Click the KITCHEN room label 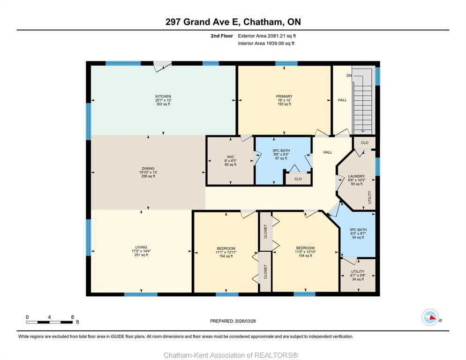[x=163, y=97]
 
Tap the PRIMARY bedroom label [x=284, y=97]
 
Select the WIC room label [x=230, y=157]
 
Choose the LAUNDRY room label [x=356, y=177]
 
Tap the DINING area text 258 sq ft [x=148, y=176]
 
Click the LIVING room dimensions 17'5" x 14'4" [x=141, y=251]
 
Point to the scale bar [x=49, y=322]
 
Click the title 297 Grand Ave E [x=233, y=22]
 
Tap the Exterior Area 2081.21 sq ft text [x=267, y=36]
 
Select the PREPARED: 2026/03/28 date [x=233, y=321]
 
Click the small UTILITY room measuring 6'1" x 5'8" [x=358, y=275]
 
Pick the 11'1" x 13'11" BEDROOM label [x=226, y=248]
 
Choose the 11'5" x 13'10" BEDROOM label [x=305, y=248]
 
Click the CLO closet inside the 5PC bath [x=298, y=179]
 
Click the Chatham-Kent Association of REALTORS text [x=230, y=355]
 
